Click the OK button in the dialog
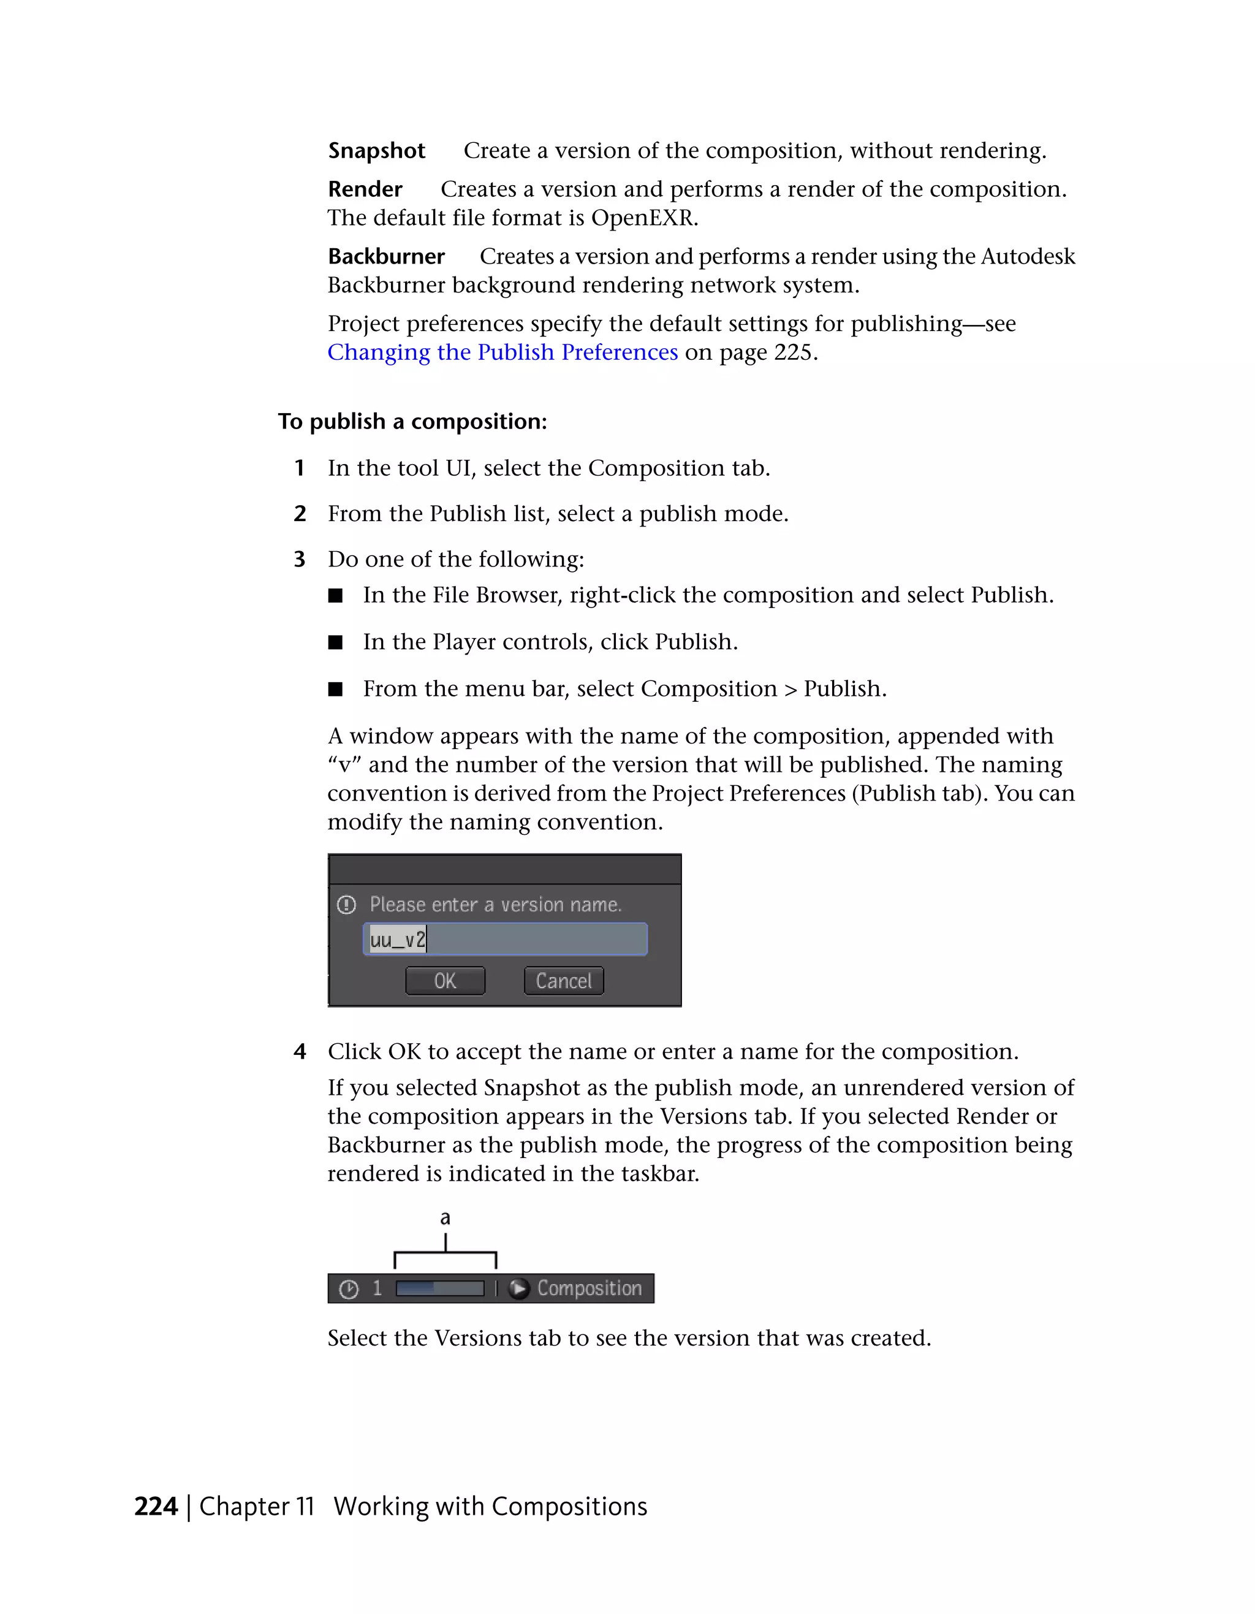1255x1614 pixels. click(445, 981)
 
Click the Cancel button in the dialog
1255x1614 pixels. click(564, 981)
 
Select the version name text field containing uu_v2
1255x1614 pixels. click(506, 939)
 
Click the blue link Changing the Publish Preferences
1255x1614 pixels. click(502, 352)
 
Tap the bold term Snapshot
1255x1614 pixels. click(377, 151)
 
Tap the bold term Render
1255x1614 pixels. click(365, 189)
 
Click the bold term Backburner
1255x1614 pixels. click(386, 256)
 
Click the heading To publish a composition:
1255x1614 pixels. click(412, 421)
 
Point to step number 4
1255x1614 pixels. click(299, 1052)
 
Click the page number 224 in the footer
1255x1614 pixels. click(156, 1506)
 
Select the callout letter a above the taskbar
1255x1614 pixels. click(445, 1218)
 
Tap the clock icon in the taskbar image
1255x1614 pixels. click(349, 1290)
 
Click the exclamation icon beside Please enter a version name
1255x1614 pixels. click(346, 905)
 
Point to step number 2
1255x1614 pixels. click(299, 514)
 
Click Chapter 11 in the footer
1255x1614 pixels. click(257, 1506)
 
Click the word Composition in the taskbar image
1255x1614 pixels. click(590, 1288)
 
